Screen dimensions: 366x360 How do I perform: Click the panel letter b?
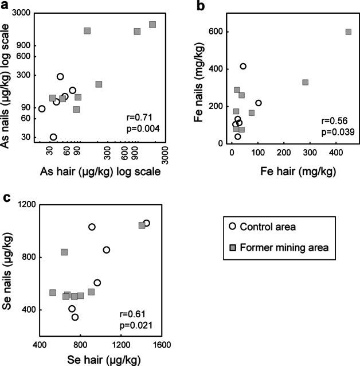[x=201, y=6]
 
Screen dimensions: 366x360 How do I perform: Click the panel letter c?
[x=6, y=198]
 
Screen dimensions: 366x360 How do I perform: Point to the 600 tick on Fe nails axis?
[x=216, y=32]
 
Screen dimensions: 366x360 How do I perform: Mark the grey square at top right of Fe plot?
[x=348, y=32]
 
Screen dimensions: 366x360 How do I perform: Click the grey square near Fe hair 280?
[x=305, y=82]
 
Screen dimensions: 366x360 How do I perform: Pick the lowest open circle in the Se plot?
[x=75, y=317]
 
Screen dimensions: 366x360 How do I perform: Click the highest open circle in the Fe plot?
[x=243, y=67]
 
